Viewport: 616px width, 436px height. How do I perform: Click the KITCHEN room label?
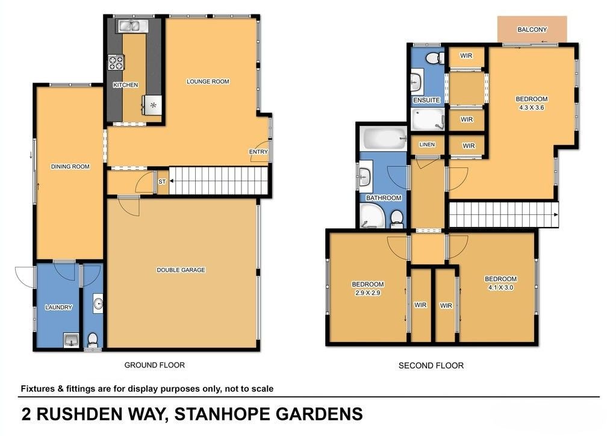point(126,85)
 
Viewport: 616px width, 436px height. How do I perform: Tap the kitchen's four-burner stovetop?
point(116,63)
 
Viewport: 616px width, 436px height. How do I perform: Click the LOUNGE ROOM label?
point(208,82)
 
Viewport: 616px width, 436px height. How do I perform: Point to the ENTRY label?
point(258,152)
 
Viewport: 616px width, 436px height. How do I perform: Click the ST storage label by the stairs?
point(162,182)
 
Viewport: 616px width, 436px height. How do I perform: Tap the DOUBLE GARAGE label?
point(181,270)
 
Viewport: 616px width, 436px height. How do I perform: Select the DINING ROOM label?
point(70,167)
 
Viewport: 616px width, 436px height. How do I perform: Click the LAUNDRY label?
point(58,307)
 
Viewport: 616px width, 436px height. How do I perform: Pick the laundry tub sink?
point(71,340)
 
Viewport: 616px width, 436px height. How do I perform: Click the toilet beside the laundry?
point(93,341)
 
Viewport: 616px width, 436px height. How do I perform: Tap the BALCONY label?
point(532,30)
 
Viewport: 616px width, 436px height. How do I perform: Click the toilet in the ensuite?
point(435,58)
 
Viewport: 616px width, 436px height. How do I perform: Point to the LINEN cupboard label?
point(427,145)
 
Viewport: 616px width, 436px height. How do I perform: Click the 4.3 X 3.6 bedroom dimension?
point(532,107)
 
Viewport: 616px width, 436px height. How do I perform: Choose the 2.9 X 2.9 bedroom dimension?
point(368,293)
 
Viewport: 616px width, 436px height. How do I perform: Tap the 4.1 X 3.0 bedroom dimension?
point(500,287)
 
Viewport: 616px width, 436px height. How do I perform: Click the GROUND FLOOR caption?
point(154,365)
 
